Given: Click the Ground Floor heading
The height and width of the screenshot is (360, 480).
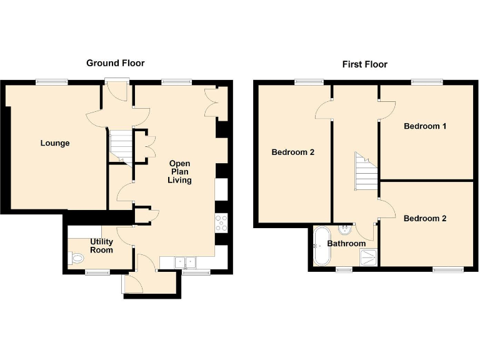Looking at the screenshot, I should [115, 63].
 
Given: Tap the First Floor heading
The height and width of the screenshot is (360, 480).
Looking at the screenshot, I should [364, 64].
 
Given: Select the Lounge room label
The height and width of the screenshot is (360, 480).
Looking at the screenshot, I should [55, 143].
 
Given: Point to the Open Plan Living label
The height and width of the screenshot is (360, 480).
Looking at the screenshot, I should [179, 172].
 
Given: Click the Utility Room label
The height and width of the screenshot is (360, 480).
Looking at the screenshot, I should [101, 246].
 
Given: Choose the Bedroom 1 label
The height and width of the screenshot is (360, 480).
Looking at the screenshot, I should [425, 126].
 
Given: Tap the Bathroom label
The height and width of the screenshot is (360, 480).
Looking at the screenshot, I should [346, 244].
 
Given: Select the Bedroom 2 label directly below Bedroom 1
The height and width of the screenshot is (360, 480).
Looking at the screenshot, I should [425, 219].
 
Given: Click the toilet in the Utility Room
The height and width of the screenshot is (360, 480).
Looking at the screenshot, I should [76, 257].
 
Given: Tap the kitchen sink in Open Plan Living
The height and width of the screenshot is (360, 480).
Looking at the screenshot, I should [185, 262].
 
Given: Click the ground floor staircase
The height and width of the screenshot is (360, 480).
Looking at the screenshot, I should [121, 146].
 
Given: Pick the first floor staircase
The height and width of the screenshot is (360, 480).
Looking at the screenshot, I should [366, 171].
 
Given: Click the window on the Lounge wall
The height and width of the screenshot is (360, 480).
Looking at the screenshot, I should [51, 81].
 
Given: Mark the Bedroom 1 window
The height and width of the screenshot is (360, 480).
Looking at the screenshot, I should [427, 81].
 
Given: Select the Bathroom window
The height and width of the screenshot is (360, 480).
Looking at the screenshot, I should [344, 269].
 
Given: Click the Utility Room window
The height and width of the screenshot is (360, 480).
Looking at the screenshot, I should [97, 272].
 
